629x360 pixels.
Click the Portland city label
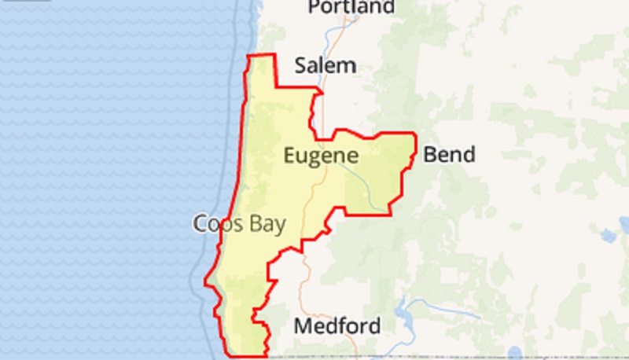pyautogui.click(x=351, y=8)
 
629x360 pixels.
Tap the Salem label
pyautogui.click(x=326, y=66)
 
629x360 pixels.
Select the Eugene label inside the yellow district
pyautogui.click(x=321, y=156)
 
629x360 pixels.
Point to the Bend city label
pyautogui.click(x=449, y=154)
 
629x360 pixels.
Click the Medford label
pyautogui.click(x=337, y=325)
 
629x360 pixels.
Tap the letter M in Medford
pyautogui.click(x=303, y=325)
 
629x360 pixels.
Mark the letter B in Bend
pyautogui.click(x=430, y=154)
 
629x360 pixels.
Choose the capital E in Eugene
pyautogui.click(x=289, y=156)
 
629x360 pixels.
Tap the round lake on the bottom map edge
pyautogui.click(x=515, y=352)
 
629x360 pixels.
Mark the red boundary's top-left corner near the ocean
pyautogui.click(x=248, y=57)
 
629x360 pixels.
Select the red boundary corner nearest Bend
pyautogui.click(x=414, y=134)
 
